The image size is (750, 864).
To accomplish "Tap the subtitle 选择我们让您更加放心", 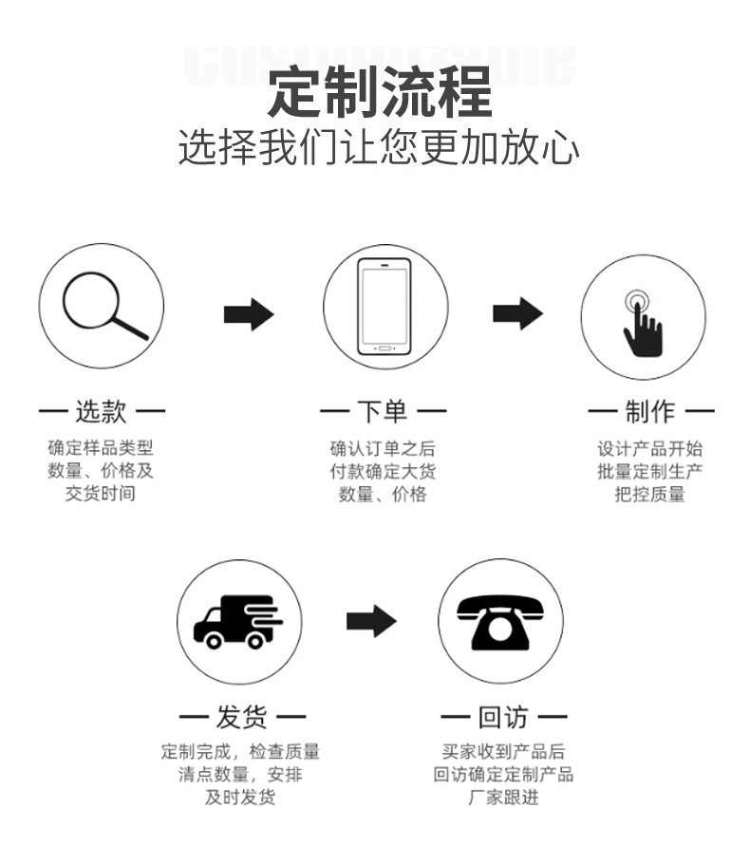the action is (x=379, y=148).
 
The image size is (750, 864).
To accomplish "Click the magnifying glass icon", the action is (x=103, y=305).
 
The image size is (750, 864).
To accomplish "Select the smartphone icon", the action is (x=384, y=305).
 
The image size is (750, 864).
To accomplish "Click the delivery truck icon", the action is (x=238, y=621).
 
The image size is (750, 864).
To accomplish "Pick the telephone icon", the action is (x=500, y=621).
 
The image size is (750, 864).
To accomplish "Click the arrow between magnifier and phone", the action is (x=249, y=314).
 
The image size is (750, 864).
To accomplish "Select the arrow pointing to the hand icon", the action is (x=517, y=313).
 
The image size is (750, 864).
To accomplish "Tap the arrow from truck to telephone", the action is (x=371, y=621).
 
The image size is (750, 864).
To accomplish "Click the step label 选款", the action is (x=101, y=412).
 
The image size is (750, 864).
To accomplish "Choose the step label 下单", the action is (x=383, y=412).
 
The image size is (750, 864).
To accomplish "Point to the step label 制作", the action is (x=650, y=412).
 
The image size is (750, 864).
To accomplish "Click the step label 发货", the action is (x=242, y=717).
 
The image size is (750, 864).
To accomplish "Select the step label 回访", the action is (x=503, y=717).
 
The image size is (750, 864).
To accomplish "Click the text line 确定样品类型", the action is (x=101, y=448).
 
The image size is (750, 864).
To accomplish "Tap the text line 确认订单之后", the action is (x=383, y=448).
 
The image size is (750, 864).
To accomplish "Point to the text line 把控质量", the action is (x=649, y=494).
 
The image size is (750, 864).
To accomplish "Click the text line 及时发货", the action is (x=240, y=798).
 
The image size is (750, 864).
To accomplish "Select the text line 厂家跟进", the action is (x=503, y=798).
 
